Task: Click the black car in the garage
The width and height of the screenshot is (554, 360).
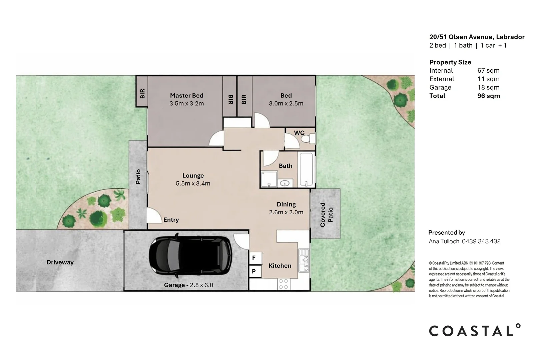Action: (x=190, y=256)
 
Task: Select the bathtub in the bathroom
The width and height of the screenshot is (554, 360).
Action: (x=307, y=169)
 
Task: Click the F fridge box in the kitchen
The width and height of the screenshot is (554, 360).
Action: (x=255, y=258)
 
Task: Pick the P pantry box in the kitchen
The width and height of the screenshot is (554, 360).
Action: (x=255, y=271)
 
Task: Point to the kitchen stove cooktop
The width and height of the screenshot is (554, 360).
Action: (x=284, y=284)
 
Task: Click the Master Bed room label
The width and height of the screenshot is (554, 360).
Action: (x=187, y=95)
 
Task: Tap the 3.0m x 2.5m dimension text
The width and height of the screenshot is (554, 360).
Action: (x=286, y=103)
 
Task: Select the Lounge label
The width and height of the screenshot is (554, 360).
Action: (x=193, y=176)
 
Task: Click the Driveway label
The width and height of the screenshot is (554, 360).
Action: (x=60, y=262)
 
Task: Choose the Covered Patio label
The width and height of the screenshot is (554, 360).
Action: (x=327, y=214)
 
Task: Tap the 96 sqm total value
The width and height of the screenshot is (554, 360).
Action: (x=489, y=96)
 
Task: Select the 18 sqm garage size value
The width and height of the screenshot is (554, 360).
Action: (x=488, y=88)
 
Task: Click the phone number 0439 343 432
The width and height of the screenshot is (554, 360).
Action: (x=481, y=241)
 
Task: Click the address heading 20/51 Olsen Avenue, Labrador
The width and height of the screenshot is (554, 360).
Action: (x=477, y=37)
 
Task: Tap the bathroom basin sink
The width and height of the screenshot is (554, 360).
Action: (x=285, y=183)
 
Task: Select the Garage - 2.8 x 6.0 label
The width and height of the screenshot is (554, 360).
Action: (x=188, y=285)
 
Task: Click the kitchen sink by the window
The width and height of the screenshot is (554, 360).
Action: (x=304, y=260)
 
